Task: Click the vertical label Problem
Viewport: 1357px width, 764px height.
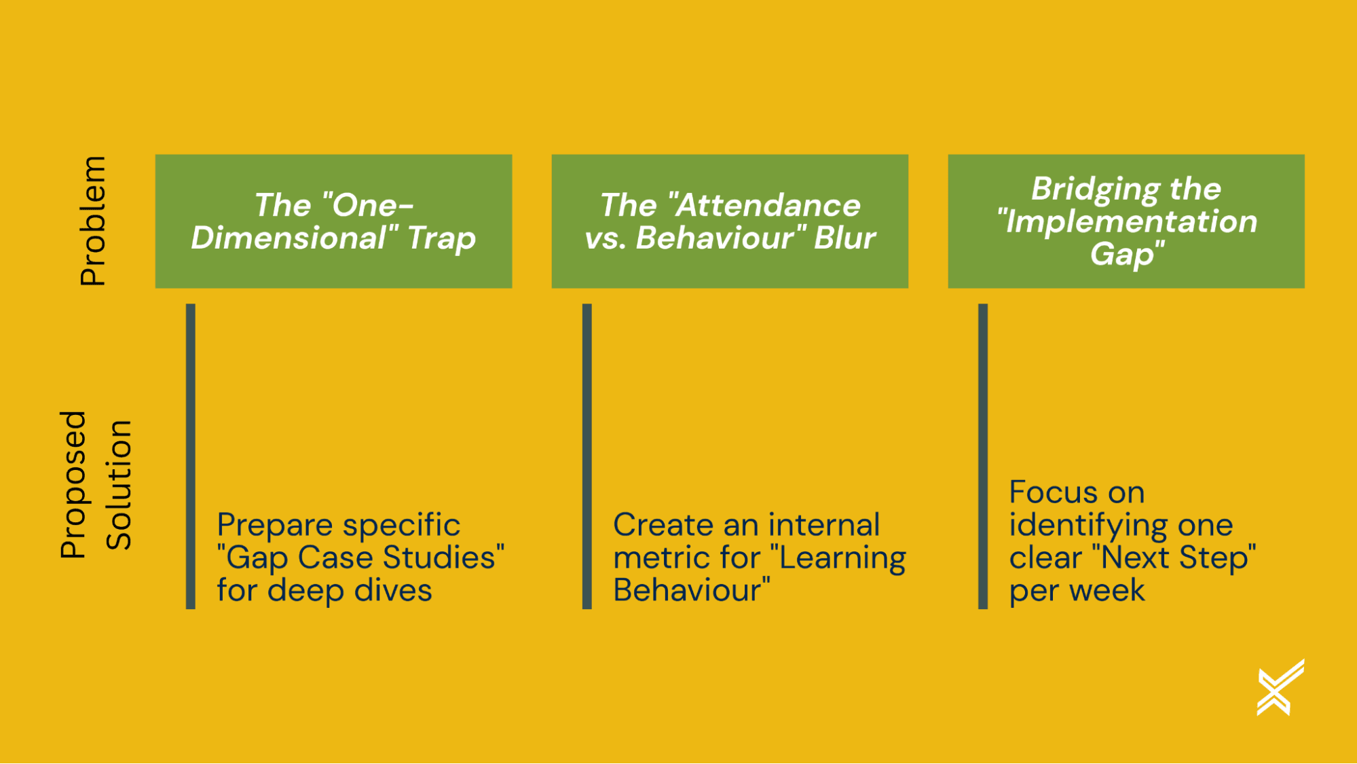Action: click(x=93, y=221)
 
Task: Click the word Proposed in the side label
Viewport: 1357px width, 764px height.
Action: click(x=73, y=485)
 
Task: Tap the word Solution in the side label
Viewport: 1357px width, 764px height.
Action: click(x=119, y=485)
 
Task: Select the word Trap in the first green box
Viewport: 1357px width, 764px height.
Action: click(x=442, y=238)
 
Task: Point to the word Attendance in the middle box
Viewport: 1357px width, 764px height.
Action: click(x=768, y=206)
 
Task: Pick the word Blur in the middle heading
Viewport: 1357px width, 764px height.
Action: click(x=844, y=238)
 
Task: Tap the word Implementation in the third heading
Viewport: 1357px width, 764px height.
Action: click(x=1131, y=222)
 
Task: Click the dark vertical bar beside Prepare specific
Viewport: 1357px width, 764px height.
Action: click(x=191, y=456)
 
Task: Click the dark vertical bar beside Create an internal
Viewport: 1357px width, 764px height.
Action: click(x=587, y=456)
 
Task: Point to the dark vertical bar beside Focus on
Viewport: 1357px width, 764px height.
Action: click(x=983, y=456)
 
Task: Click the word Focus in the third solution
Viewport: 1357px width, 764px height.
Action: click(x=1044, y=492)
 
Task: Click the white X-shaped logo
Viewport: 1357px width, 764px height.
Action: click(x=1280, y=687)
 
